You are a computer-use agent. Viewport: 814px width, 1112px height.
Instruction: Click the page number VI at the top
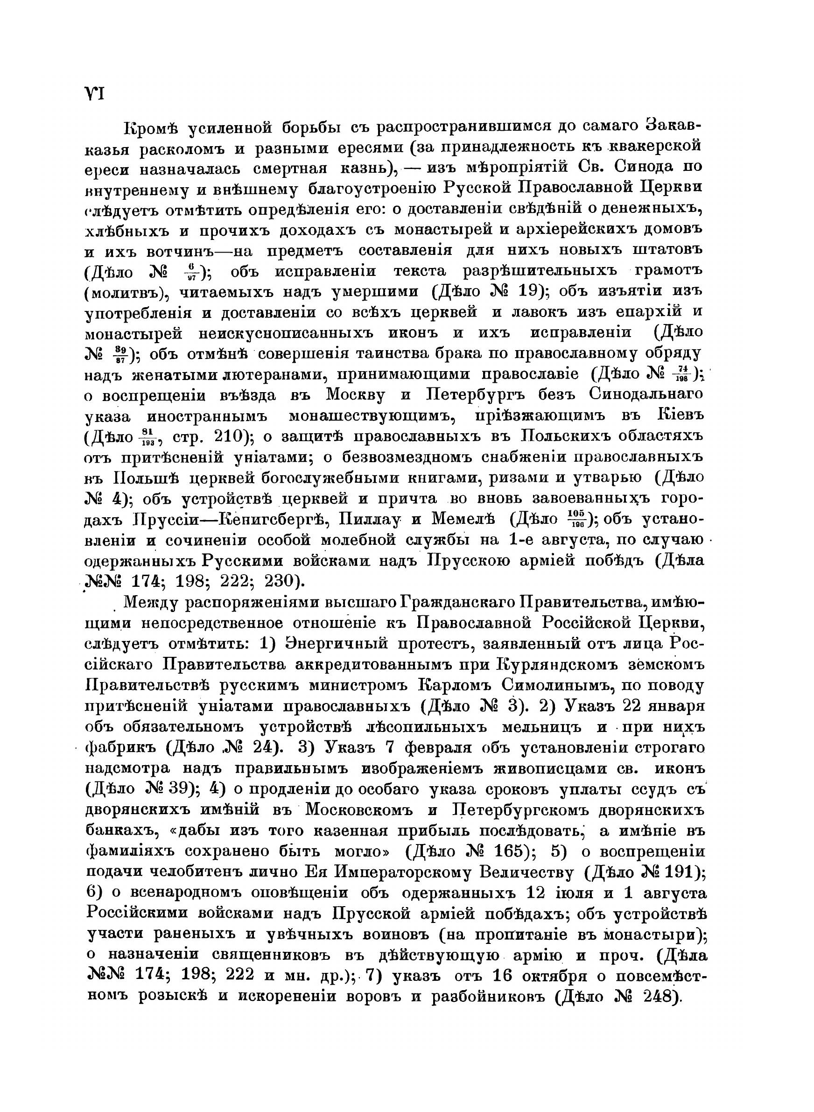(x=94, y=94)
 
